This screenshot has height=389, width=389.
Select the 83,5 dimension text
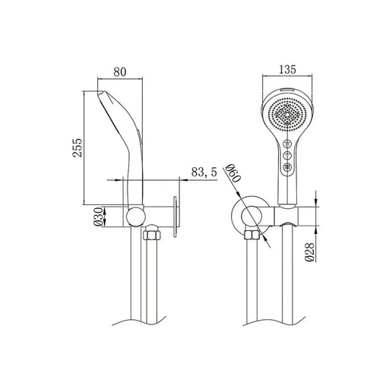click(x=204, y=173)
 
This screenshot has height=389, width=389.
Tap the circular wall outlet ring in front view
click(x=249, y=215)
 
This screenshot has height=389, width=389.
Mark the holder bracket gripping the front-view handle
click(x=289, y=215)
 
